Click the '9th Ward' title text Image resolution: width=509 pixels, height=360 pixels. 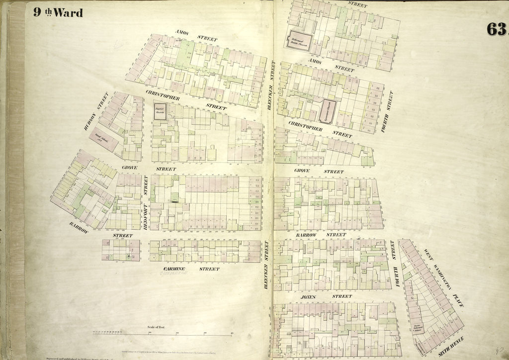(58, 12)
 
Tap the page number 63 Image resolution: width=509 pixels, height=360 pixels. (497, 30)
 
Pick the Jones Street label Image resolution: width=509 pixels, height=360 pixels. (326, 297)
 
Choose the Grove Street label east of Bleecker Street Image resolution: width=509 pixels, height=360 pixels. (318, 171)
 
